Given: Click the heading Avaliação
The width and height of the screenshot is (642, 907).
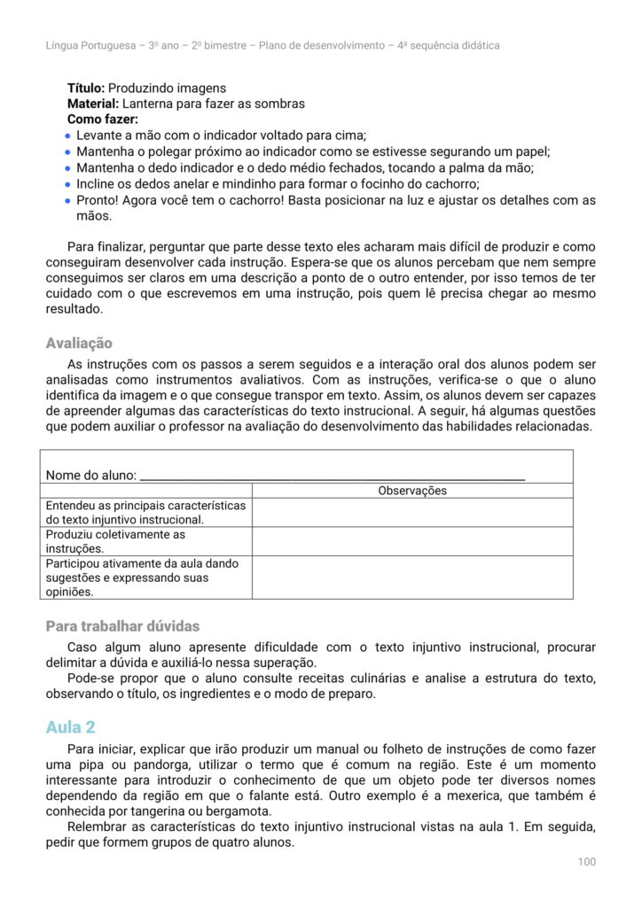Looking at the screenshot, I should click(79, 344).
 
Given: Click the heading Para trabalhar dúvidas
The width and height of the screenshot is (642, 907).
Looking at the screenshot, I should click(122, 626).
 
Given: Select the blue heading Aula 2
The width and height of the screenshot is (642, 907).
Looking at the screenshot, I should click(70, 727).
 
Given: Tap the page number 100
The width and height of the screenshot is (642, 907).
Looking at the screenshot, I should click(586, 862).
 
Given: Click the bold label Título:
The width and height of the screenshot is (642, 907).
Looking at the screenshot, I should click(87, 89).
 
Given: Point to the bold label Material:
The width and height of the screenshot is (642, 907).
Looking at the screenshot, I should click(93, 104).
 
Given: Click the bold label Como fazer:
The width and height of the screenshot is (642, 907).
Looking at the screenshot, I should click(103, 119).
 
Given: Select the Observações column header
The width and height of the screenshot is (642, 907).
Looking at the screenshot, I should click(412, 491).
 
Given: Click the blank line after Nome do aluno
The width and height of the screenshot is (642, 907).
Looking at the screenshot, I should click(333, 475).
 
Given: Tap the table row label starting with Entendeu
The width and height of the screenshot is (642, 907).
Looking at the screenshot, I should click(145, 512).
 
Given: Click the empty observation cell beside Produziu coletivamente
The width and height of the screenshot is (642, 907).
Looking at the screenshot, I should click(412, 541).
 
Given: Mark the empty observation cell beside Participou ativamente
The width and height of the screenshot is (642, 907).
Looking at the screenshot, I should click(412, 578).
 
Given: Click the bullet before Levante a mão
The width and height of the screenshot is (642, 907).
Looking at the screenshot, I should click(68, 136).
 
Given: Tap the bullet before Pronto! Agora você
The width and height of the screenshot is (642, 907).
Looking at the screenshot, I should click(68, 200).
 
